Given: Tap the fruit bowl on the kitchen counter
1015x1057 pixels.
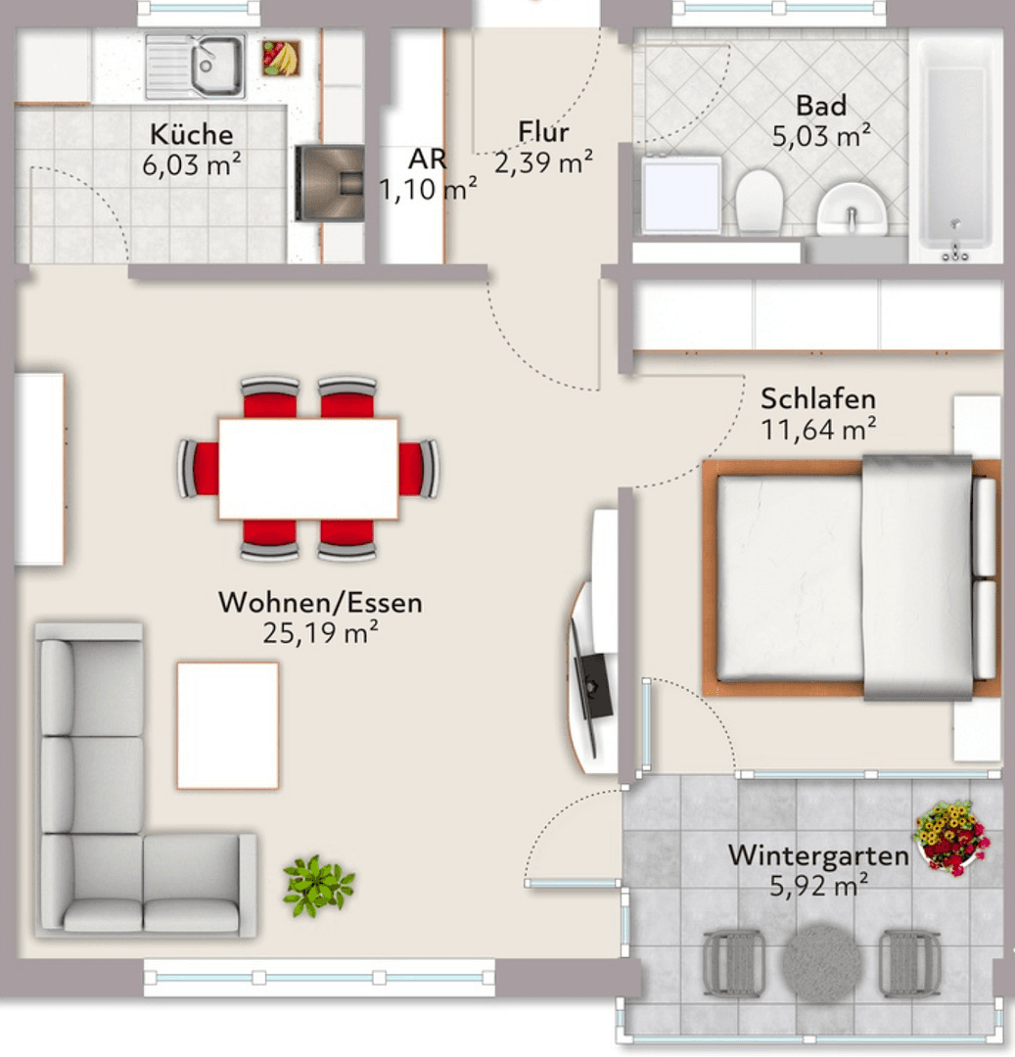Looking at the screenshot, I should click(281, 58).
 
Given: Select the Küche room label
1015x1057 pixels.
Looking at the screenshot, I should click(192, 134).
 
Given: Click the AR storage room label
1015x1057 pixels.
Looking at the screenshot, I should click(428, 160).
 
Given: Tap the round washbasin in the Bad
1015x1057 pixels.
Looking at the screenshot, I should click(850, 208).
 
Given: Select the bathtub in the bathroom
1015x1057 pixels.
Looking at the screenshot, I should click(954, 147).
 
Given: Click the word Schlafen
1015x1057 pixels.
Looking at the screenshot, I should click(818, 399).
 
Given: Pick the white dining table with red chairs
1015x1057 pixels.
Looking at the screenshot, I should click(308, 468).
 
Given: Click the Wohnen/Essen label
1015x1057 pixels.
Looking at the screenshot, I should click(320, 602).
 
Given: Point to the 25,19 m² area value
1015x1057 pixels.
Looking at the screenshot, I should click(320, 632).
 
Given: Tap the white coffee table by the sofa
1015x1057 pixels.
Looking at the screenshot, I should click(227, 724).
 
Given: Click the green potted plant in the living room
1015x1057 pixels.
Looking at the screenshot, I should click(318, 884).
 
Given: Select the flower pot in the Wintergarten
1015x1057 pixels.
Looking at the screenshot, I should click(951, 837).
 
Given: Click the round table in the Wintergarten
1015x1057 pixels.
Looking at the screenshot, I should click(822, 960).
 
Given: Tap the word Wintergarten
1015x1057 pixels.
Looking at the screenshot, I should click(818, 856).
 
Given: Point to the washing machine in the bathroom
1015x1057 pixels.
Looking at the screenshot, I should click(681, 194).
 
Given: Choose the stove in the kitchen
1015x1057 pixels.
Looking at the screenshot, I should click(330, 182).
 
